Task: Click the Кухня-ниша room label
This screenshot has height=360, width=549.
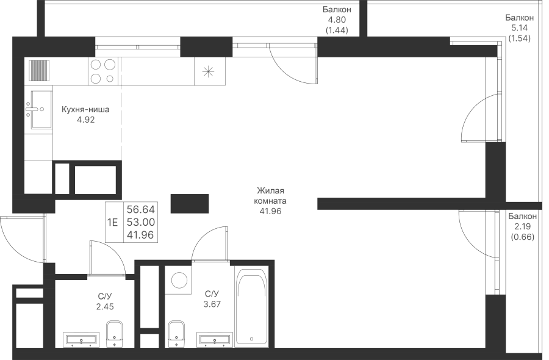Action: click(x=85, y=110)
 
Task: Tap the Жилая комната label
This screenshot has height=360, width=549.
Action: click(x=270, y=196)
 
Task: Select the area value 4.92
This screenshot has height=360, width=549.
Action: click(x=86, y=120)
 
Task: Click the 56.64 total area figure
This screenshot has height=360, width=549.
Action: click(x=140, y=210)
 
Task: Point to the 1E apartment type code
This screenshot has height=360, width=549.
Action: click(x=113, y=222)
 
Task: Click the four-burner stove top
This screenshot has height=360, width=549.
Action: click(x=102, y=71)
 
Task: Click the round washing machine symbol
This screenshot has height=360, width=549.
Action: click(x=179, y=280)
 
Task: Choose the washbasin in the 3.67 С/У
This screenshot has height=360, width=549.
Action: click(x=213, y=339)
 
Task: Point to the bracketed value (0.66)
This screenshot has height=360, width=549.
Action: click(x=522, y=237)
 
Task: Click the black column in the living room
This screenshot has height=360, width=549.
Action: click(x=190, y=203)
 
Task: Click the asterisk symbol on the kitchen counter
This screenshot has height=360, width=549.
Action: click(x=208, y=71)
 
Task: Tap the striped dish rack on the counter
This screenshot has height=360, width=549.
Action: click(x=39, y=70)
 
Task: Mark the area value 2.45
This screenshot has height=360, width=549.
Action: click(x=105, y=307)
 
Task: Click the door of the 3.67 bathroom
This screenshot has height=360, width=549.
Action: click(x=209, y=243)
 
